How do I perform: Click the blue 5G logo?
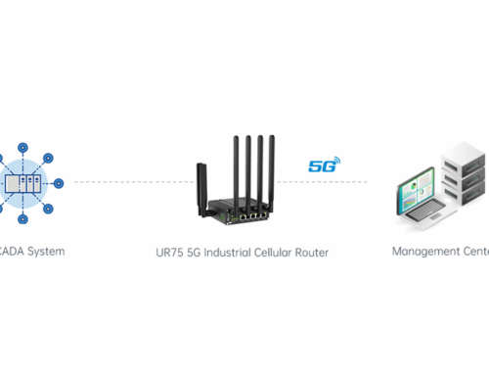[x=322, y=165]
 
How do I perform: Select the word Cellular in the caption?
[x=296, y=252]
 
